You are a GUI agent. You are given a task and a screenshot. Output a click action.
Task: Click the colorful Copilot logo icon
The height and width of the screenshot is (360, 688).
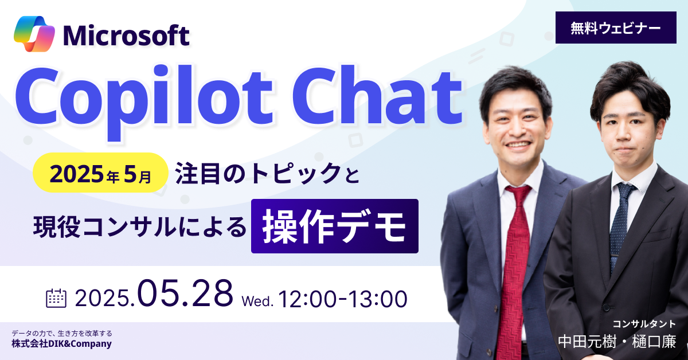pyautogui.click(x=34, y=34)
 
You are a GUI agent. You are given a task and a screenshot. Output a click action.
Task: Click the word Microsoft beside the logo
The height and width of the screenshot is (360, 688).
pyautogui.click(x=126, y=36)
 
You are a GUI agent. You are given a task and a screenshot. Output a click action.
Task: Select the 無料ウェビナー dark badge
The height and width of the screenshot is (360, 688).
pyautogui.click(x=616, y=28)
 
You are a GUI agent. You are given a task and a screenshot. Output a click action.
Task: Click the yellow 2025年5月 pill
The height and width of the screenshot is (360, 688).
pyautogui.click(x=101, y=173)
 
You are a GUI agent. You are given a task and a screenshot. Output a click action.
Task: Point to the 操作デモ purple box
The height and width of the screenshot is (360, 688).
pyautogui.click(x=335, y=226)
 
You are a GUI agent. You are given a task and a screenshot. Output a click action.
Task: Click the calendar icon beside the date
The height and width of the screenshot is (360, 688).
pyautogui.click(x=56, y=298)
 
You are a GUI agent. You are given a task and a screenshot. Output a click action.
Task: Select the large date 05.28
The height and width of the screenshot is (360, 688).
pyautogui.click(x=185, y=293)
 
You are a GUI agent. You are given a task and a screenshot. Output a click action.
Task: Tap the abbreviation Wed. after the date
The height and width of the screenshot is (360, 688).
pyautogui.click(x=257, y=301)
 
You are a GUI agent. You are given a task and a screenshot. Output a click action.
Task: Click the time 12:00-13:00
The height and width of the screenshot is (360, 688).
pyautogui.click(x=343, y=299)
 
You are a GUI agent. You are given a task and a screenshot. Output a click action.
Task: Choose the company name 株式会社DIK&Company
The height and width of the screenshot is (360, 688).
pyautogui.click(x=61, y=344)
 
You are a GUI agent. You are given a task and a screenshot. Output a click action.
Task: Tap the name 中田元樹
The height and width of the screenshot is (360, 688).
pyautogui.click(x=587, y=342)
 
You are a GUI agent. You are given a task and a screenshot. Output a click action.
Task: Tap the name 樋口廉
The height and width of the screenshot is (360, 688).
pyautogui.click(x=654, y=342)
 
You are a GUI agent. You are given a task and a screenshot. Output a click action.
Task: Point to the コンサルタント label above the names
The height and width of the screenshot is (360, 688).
pyautogui.click(x=644, y=324)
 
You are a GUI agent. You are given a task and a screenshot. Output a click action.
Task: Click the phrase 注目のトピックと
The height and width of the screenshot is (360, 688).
pyautogui.click(x=267, y=173)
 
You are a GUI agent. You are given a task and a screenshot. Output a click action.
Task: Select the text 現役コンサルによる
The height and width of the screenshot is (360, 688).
pyautogui.click(x=140, y=228)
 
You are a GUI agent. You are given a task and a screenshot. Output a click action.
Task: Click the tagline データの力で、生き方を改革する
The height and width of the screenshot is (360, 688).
pyautogui.click(x=62, y=333)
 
